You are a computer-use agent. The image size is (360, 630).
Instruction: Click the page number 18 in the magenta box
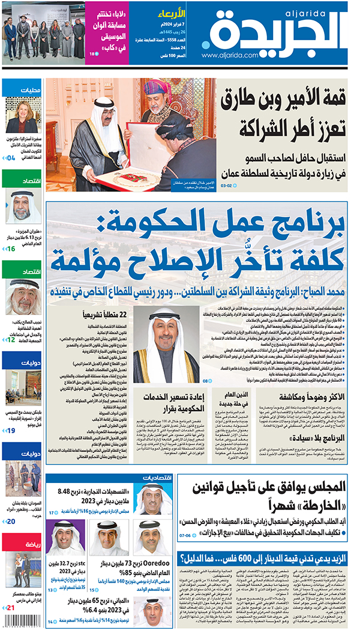(92, 55)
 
